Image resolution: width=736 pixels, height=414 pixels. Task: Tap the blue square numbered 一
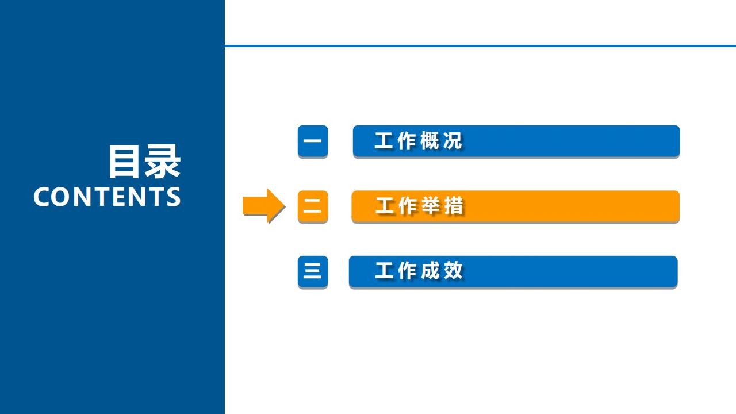click(x=313, y=141)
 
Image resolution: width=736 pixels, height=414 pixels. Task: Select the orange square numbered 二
click(x=313, y=206)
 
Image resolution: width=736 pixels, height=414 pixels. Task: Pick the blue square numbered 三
click(x=313, y=271)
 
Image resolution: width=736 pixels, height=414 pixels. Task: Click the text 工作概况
click(x=418, y=141)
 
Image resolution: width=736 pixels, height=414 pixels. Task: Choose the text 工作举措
click(x=419, y=206)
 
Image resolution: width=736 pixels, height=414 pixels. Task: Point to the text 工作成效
click(x=419, y=271)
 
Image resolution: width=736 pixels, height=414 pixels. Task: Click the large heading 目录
click(x=144, y=162)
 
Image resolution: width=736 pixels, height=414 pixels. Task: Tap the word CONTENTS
click(x=107, y=197)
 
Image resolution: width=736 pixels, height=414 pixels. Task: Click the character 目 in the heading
click(x=124, y=162)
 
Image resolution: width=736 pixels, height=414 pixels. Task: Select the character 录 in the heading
click(x=163, y=162)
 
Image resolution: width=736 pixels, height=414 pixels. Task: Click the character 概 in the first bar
click(x=430, y=141)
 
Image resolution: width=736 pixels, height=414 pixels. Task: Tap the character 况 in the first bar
click(x=453, y=141)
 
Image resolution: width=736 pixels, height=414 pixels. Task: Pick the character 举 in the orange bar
click(x=431, y=206)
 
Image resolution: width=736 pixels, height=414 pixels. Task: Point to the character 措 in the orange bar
click(x=454, y=206)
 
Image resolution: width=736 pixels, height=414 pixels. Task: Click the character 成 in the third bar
click(x=431, y=271)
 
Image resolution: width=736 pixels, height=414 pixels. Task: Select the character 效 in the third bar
click(x=454, y=271)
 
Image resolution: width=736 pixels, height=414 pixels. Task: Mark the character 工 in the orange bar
click(x=385, y=206)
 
